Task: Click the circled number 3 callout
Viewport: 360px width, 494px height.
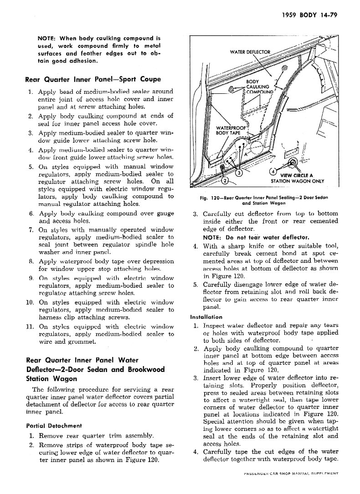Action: tap(239, 173)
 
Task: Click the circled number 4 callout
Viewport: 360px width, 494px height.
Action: tap(273, 172)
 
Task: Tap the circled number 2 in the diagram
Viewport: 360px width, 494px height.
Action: tap(225, 181)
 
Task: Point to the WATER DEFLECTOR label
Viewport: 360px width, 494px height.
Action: tap(250, 51)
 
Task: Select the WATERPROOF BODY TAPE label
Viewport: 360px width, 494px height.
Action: tap(231, 130)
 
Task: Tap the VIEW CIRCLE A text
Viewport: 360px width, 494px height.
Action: tap(297, 175)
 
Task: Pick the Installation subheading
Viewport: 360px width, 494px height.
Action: tap(206, 317)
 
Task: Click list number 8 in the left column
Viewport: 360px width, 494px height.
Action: tap(32, 262)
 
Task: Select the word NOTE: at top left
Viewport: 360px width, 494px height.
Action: tap(47, 38)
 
